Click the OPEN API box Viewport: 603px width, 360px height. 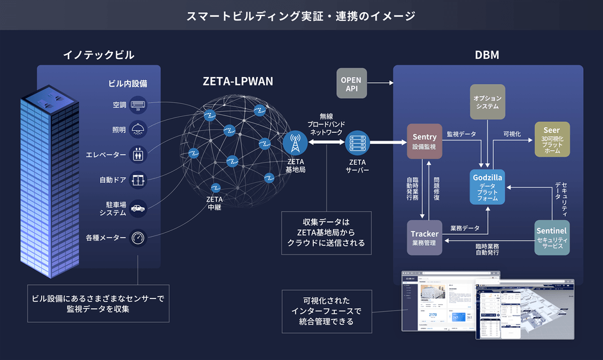[351, 84]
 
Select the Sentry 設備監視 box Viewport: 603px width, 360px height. [425, 141]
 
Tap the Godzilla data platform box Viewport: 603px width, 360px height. [488, 187]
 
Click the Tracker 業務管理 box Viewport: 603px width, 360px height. [425, 238]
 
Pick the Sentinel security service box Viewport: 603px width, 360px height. [552, 238]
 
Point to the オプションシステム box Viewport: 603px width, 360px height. [487, 102]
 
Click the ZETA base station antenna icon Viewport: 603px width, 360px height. [295, 142]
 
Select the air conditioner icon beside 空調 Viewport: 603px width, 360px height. [139, 105]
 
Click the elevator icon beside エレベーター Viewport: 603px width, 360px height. [139, 155]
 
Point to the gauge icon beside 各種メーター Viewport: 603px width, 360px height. [139, 237]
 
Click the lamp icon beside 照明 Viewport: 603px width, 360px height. [139, 130]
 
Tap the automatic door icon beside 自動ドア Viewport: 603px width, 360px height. [139, 180]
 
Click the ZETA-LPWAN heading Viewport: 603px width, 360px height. [238, 81]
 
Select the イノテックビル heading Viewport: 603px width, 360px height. [99, 55]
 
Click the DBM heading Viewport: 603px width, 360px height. [487, 55]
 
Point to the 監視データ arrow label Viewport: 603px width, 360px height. [461, 134]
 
